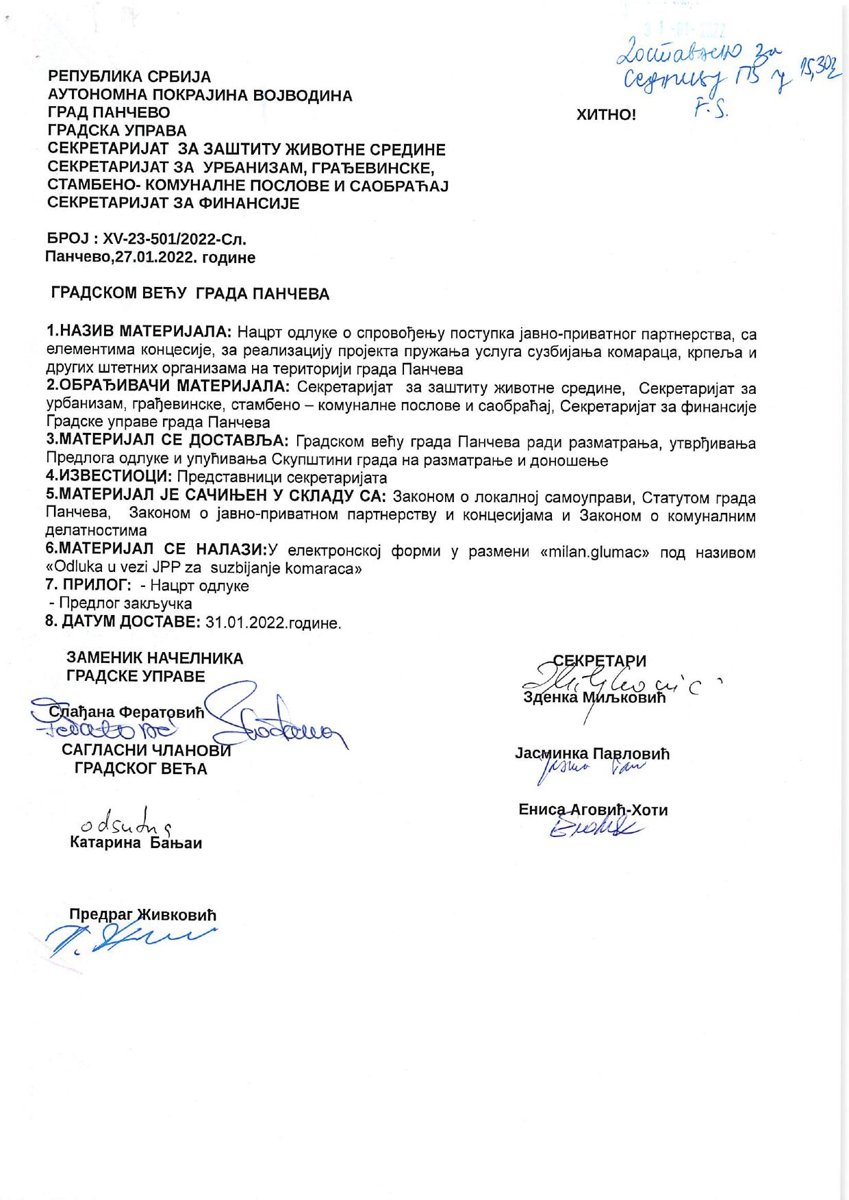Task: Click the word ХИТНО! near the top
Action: tap(606, 115)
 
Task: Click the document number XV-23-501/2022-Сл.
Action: tap(174, 240)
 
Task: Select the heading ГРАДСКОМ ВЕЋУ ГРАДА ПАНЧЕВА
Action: tap(190, 295)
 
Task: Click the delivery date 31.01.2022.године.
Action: tap(273, 623)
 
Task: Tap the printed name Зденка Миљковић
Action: tap(594, 698)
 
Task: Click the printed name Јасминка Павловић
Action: tap(592, 754)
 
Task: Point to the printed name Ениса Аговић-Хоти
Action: tap(593, 810)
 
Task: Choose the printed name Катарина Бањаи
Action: tap(136, 842)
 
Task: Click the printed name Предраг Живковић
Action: tap(142, 914)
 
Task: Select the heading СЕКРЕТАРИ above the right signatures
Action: tap(599, 661)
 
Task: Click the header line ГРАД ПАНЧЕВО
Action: tap(109, 112)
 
